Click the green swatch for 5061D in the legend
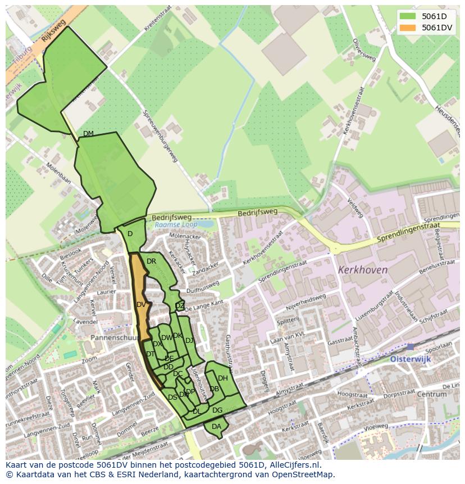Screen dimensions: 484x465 coord(408,16)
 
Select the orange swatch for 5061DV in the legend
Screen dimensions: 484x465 coord(408,28)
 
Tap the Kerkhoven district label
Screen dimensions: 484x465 coord(363,270)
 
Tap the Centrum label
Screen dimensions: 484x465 coord(431,394)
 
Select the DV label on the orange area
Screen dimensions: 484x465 coord(141,305)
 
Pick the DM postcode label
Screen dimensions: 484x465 coord(88,133)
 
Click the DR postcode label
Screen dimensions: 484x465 coord(151,261)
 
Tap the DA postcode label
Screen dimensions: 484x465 coord(216,427)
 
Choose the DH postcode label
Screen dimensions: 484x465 coord(223,378)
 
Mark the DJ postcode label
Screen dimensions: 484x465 coord(189,340)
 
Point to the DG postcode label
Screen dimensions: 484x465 coord(217,410)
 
